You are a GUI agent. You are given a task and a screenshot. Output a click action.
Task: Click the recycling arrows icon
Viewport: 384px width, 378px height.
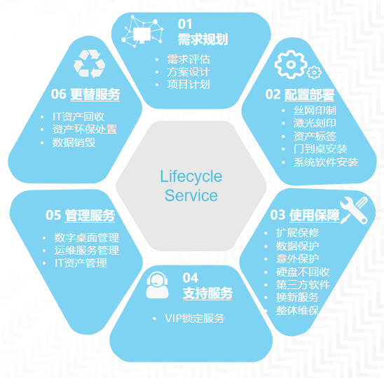coord(90,64)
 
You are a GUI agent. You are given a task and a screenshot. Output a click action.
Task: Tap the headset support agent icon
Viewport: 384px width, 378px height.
coord(157,286)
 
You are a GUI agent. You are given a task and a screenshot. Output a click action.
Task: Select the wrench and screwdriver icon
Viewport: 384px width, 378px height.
coord(354,210)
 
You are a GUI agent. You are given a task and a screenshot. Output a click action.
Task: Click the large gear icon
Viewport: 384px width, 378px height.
coord(291,64)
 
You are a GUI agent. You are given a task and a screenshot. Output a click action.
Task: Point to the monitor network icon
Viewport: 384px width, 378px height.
coord(142,31)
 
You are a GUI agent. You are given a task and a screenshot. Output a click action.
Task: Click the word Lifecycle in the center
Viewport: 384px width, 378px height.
coord(191,176)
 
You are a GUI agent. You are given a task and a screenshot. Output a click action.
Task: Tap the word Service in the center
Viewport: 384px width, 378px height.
coord(191,195)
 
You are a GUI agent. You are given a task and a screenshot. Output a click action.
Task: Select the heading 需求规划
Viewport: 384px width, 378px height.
coord(203,39)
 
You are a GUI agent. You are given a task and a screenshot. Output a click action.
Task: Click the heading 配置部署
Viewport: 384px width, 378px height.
coord(309,94)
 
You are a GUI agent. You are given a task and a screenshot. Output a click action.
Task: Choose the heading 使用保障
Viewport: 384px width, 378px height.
coord(315,216)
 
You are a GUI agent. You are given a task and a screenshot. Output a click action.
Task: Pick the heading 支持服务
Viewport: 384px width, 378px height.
coord(207,293)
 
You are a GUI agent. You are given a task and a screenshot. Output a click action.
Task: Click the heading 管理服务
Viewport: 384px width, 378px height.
coord(90,216)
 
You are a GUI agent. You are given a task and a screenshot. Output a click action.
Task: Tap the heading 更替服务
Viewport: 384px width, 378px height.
coord(95,94)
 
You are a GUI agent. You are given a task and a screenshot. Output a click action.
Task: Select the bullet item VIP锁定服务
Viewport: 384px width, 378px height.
coord(195,318)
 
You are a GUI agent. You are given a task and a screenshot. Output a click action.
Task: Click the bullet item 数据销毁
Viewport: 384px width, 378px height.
coord(74,142)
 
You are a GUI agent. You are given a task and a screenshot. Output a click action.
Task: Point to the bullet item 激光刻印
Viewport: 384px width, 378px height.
coord(315,123)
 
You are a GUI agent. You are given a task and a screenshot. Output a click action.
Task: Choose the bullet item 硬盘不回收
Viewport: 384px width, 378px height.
coord(303,272)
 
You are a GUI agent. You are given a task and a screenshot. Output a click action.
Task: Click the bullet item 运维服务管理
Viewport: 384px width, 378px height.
coord(87,251)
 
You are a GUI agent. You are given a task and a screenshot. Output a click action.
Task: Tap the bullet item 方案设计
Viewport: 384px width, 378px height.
coord(188,72)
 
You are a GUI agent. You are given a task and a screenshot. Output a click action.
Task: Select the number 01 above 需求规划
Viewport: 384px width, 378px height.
coord(185,24)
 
